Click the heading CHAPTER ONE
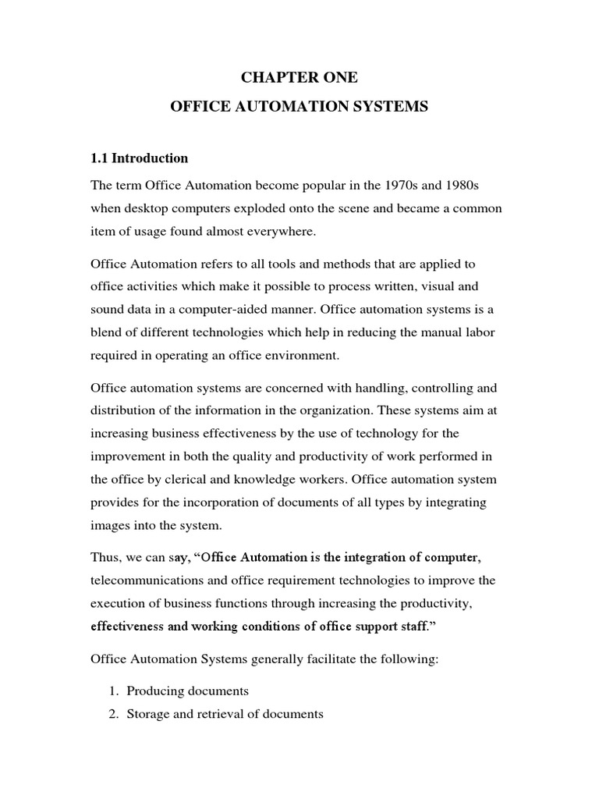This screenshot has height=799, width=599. pyautogui.click(x=299, y=78)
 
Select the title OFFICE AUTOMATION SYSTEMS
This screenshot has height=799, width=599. pyautogui.click(x=299, y=108)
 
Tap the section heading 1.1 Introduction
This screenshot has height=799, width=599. pyautogui.click(x=140, y=158)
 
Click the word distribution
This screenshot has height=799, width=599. pyautogui.click(x=123, y=410)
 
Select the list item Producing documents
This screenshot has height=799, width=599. pyautogui.click(x=187, y=691)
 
